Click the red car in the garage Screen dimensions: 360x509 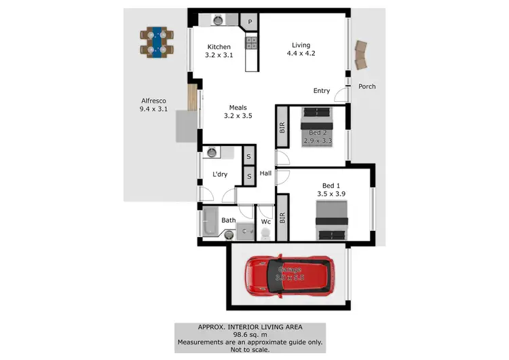289,277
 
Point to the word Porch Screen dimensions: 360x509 367,86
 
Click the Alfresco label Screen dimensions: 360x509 153,101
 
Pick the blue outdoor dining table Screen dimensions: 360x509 157,43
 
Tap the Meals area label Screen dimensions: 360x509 238,107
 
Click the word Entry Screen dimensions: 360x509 322,91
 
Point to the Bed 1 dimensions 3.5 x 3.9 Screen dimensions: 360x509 331,194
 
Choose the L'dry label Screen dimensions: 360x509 220,175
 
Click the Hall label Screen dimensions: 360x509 265,174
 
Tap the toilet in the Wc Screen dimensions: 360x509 265,234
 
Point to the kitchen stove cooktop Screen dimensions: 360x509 250,43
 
